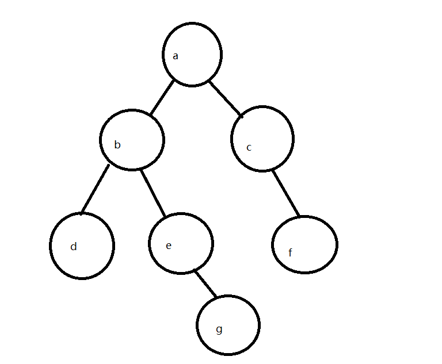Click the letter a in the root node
(176, 56)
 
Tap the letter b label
(117, 145)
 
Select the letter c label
(249, 148)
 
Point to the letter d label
(73, 247)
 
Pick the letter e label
(168, 246)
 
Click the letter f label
(290, 252)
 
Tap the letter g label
(219, 329)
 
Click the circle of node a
(192, 55)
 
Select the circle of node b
(132, 139)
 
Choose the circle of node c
(263, 139)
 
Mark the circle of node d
(82, 246)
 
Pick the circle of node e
(181, 243)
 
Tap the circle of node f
(304, 244)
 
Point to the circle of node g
(228, 325)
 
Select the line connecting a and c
(226, 99)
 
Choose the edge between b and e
(153, 192)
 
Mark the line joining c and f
(287, 194)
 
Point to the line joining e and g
(205, 283)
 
